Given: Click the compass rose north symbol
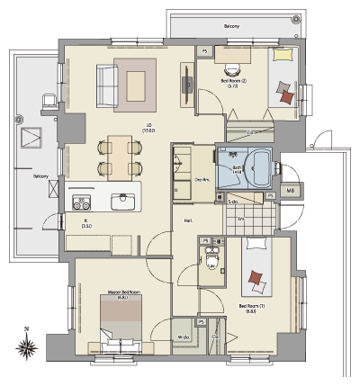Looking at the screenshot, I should click(x=28, y=346).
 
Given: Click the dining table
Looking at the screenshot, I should click(x=120, y=156).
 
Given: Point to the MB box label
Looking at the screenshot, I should click(x=290, y=191).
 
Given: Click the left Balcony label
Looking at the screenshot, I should click(x=40, y=176).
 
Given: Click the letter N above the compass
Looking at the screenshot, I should click(x=28, y=328).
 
